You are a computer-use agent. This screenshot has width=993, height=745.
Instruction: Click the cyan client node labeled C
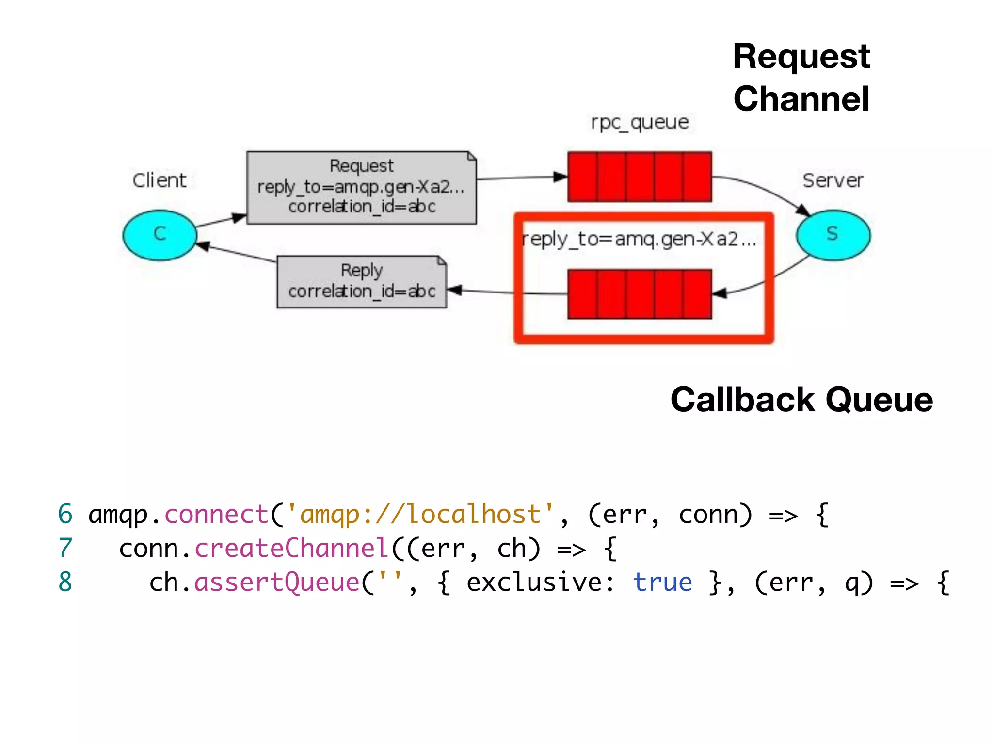point(160,235)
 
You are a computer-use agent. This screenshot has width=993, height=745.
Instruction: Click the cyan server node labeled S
point(833,235)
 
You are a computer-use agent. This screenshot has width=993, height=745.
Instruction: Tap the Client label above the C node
point(159,180)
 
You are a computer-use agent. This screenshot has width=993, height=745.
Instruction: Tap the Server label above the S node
point(833,180)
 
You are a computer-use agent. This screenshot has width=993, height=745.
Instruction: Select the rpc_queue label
point(640,122)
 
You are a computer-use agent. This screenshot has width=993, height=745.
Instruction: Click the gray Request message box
point(361,187)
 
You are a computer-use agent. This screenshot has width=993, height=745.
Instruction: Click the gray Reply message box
point(361,281)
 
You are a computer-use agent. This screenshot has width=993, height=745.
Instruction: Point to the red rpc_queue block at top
point(640,177)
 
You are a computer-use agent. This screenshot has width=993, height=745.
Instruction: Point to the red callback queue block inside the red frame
point(640,294)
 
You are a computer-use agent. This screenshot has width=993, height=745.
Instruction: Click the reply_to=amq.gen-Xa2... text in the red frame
point(639,239)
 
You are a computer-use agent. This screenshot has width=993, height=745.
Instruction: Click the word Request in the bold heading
point(801,57)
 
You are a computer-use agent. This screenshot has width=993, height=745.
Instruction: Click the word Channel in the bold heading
point(801,99)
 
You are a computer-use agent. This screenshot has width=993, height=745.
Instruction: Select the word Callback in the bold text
point(742,400)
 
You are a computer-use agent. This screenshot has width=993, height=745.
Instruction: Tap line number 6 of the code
point(65,514)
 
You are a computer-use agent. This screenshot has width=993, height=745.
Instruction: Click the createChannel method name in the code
point(291,548)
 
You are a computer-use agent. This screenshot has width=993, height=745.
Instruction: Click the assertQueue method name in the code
point(277,582)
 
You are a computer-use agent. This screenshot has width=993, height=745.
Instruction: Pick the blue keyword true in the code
point(662,582)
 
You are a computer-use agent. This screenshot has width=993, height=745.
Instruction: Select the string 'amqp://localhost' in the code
point(420,514)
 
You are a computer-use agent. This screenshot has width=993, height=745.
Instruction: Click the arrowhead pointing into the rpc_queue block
point(561,177)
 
